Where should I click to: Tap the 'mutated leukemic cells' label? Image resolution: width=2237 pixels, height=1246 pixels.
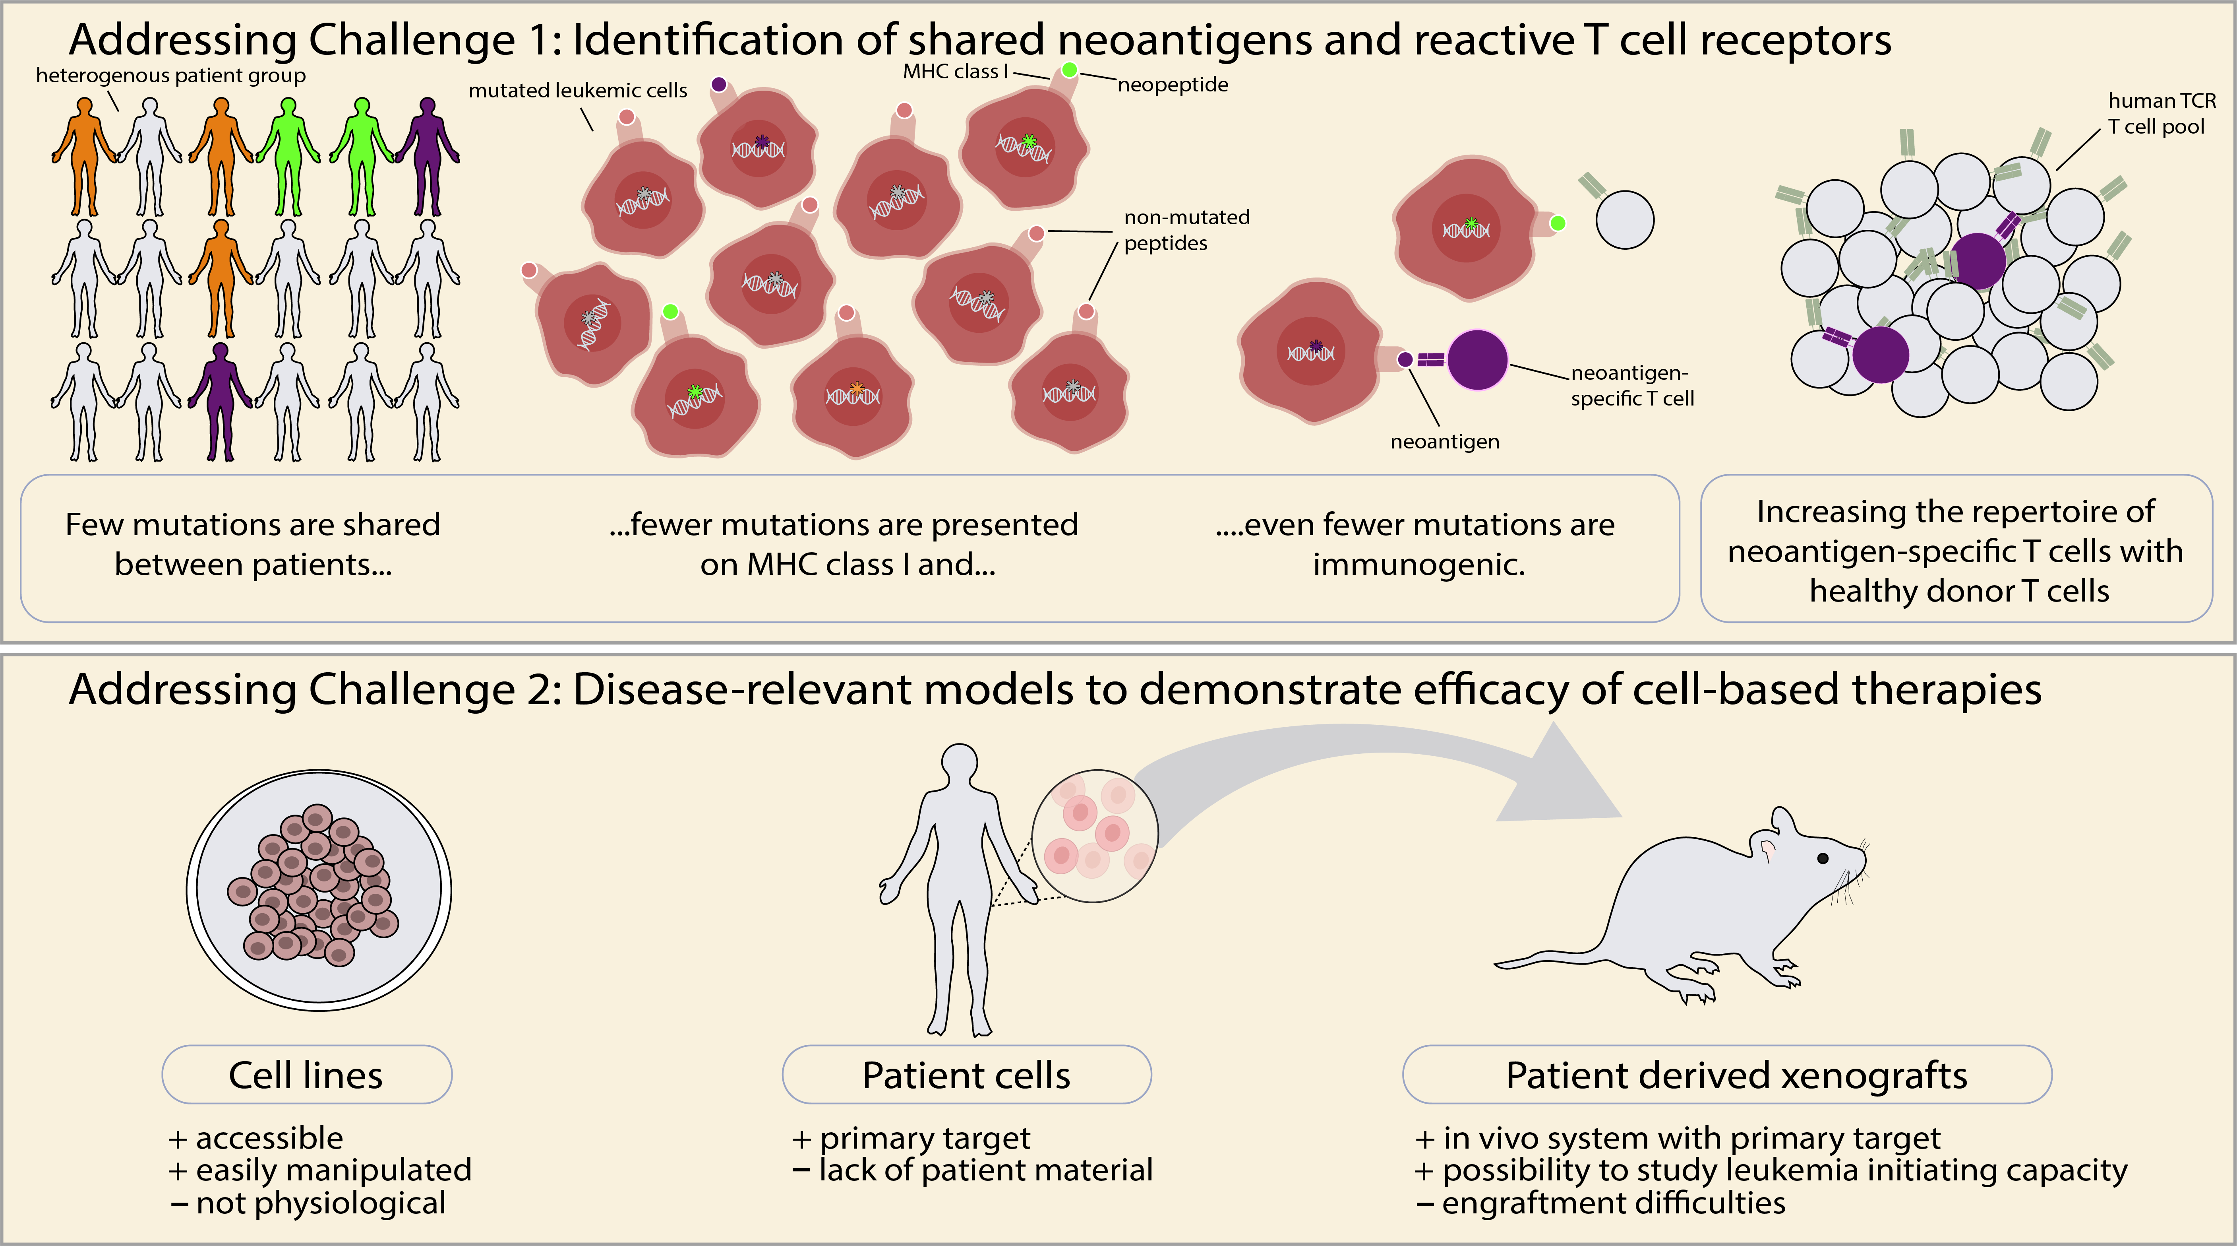(x=577, y=90)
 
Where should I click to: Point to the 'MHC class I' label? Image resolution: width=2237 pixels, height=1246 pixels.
(x=955, y=71)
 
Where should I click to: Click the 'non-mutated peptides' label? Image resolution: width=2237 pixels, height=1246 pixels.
(x=1186, y=230)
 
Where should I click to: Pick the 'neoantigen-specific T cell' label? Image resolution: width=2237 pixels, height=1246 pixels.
(x=1632, y=386)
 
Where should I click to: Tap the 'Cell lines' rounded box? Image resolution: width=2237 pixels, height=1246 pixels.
(x=307, y=1075)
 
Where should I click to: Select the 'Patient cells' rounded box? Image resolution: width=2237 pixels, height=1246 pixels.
(x=967, y=1075)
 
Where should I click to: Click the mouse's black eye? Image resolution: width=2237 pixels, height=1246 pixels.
(x=1823, y=858)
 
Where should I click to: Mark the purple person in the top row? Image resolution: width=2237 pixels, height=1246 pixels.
(x=427, y=156)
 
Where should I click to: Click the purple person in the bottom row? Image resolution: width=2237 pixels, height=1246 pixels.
(x=221, y=402)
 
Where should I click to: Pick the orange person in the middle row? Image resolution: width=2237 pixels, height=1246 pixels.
(x=221, y=278)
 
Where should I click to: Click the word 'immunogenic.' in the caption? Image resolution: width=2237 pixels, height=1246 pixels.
(x=1418, y=565)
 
